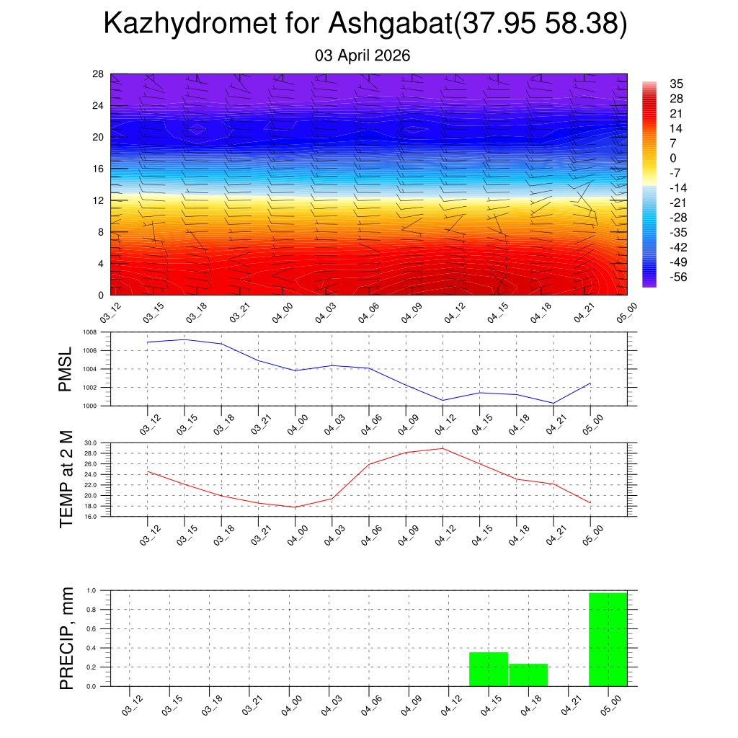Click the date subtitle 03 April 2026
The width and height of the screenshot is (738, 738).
pos(363,55)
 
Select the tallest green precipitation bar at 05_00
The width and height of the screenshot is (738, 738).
pos(608,639)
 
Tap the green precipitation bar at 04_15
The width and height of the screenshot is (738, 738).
pos(489,669)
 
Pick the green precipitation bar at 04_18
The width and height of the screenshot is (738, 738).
pos(528,675)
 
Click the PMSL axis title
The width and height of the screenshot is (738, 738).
pos(66,369)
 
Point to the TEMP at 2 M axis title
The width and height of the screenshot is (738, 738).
pos(66,479)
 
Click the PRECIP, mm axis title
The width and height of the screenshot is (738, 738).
pos(66,638)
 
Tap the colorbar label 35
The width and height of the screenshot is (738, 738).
pos(676,84)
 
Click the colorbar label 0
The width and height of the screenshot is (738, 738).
pos(673,159)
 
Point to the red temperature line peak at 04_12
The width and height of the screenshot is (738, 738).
pos(443,448)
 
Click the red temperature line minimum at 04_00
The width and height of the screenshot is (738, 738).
pos(295,507)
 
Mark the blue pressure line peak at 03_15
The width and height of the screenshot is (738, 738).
pos(184,339)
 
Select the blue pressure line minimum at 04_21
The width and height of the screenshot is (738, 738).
pos(553,403)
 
